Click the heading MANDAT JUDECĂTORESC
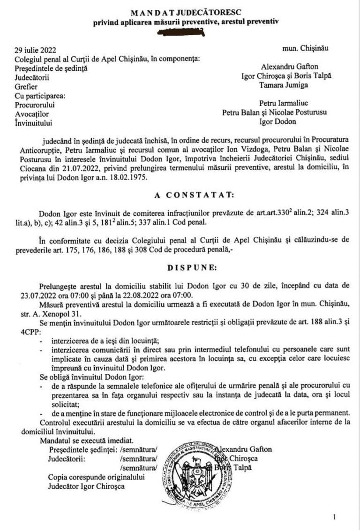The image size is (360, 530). coord(180,12)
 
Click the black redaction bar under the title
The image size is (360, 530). coord(180,32)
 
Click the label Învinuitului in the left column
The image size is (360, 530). coord(34,124)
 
